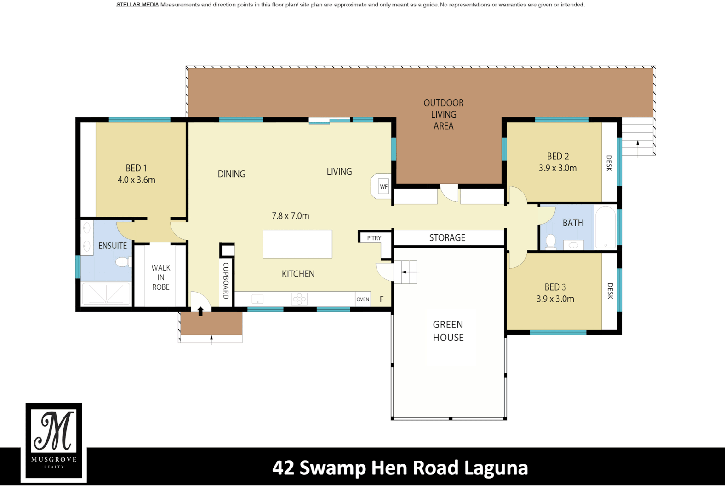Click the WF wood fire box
coord(383,186)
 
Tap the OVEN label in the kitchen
coord(363,299)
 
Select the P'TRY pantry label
coord(374,238)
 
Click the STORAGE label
coord(447,238)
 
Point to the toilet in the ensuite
coord(123,262)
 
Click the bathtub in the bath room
coord(605,227)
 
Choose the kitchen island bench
coord(297,244)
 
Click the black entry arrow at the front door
coord(200,311)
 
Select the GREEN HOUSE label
coord(448,331)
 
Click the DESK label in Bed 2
coord(609,163)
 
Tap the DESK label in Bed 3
coord(610,291)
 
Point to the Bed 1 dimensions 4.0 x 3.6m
coord(136,180)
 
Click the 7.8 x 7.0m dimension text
coord(291,216)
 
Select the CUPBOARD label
coord(226,281)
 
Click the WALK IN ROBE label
coord(161,277)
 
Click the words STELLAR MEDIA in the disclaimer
coord(137,5)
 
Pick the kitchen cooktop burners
coord(299,299)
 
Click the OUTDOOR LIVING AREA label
coord(444,114)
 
